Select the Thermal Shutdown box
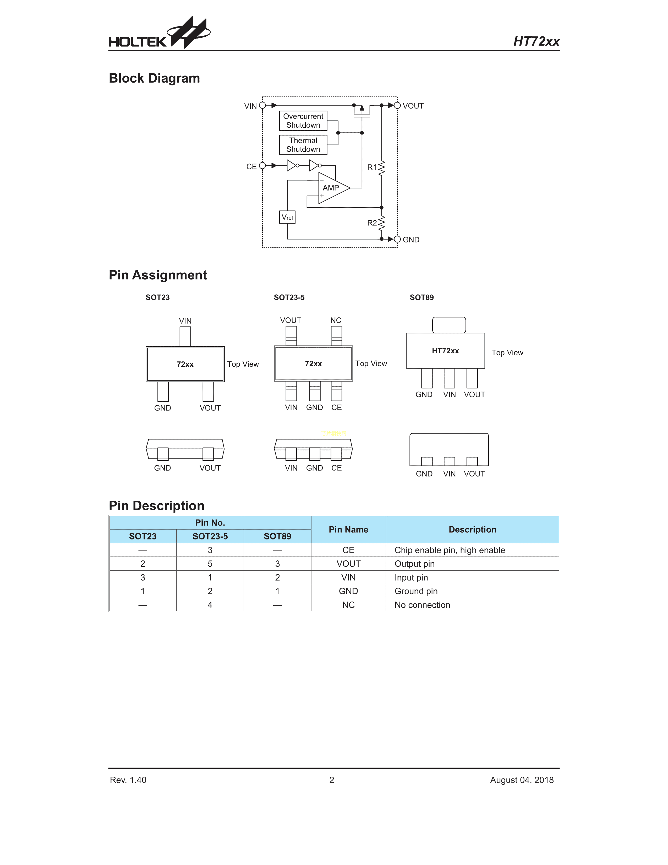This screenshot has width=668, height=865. tap(303, 145)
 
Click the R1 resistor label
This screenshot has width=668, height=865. tap(372, 167)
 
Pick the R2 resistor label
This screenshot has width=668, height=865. tap(372, 223)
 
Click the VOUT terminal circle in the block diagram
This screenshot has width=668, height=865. tap(397, 105)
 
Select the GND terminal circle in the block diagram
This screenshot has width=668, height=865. tap(397, 239)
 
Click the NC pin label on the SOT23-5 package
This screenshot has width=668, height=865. tap(336, 320)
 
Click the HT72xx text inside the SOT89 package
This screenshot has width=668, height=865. tap(445, 351)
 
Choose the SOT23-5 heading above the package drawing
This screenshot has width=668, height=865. tap(289, 298)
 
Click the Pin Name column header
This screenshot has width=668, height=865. tap(348, 529)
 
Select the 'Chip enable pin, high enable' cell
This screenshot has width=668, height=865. tap(450, 550)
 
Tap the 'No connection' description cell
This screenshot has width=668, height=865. tap(422, 605)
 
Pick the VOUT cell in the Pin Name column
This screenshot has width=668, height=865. tap(348, 564)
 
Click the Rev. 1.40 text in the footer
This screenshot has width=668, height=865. tap(128, 780)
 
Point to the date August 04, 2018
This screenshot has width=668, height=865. tap(522, 780)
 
